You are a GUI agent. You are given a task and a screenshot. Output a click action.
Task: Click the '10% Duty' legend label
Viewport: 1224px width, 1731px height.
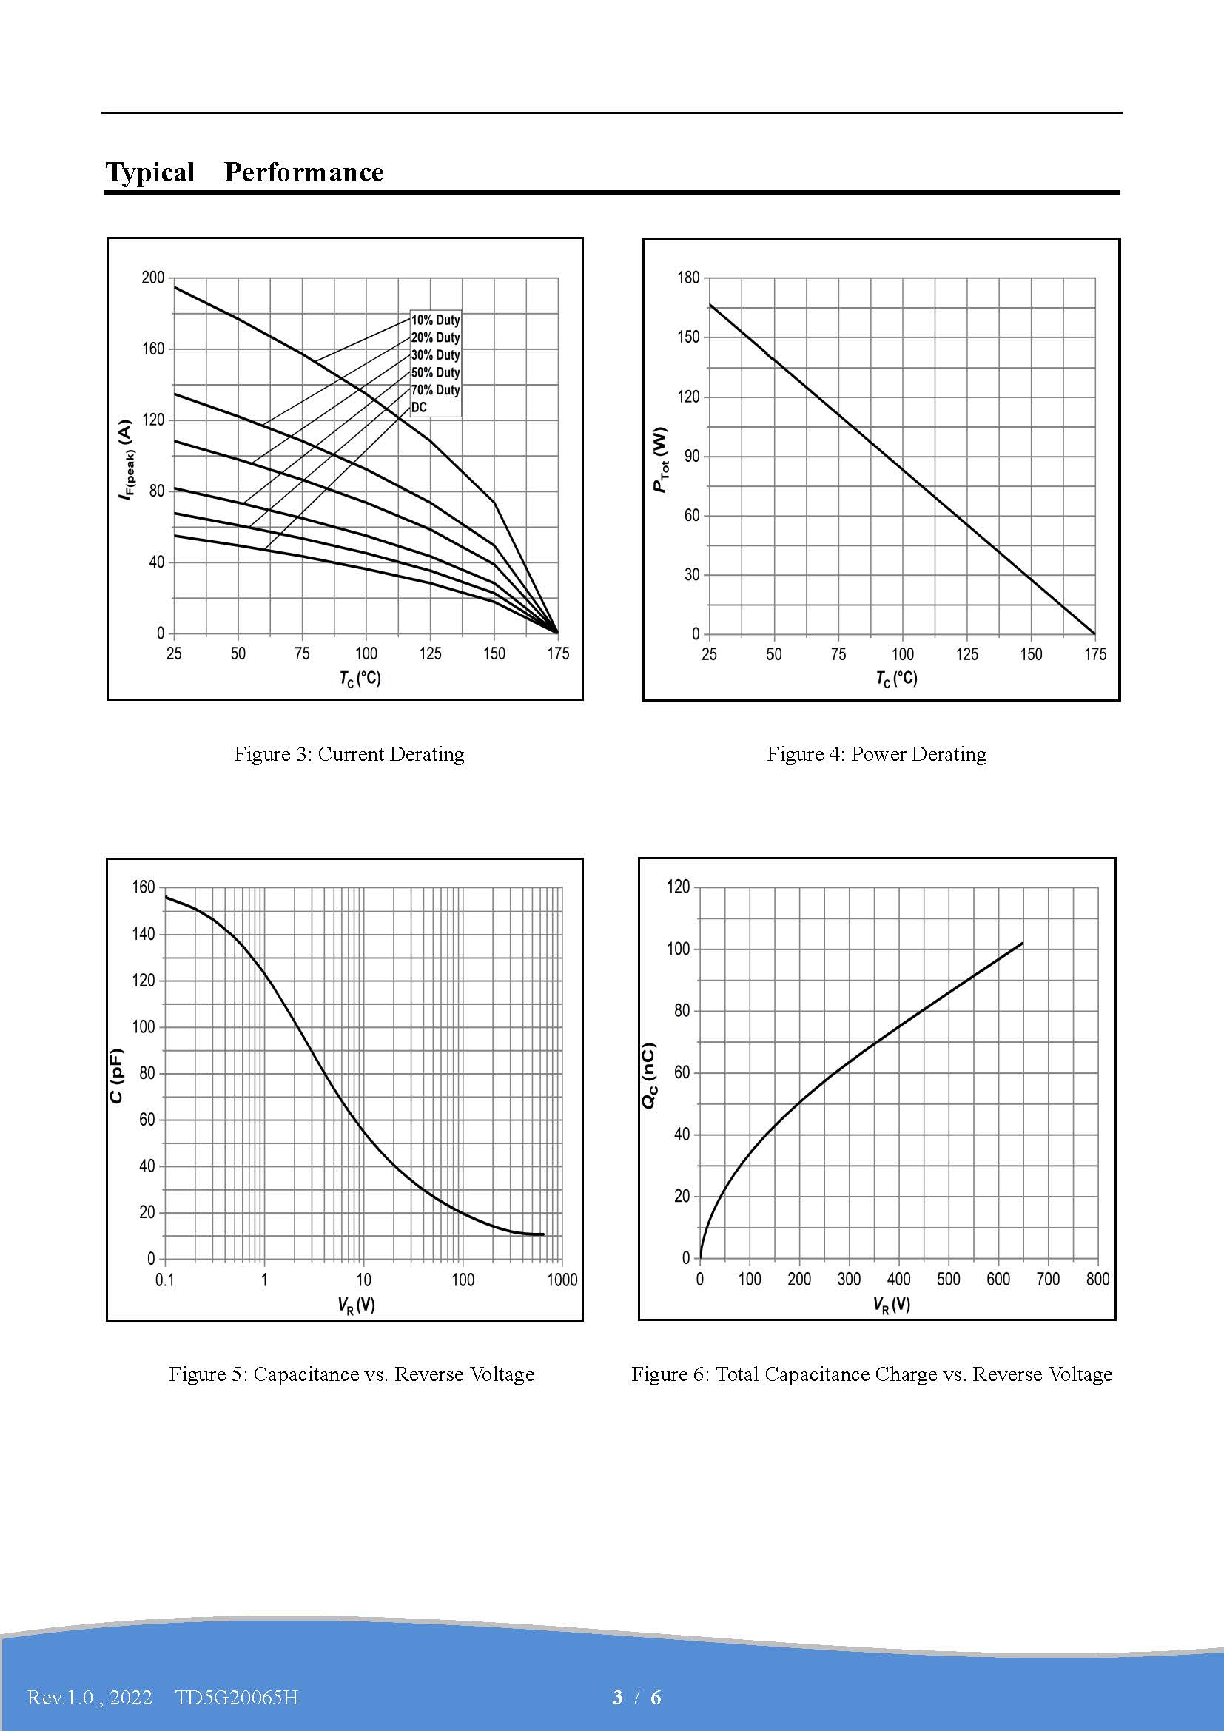pyautogui.click(x=435, y=320)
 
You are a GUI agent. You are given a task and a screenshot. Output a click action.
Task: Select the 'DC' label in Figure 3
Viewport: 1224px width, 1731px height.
pyautogui.click(x=419, y=408)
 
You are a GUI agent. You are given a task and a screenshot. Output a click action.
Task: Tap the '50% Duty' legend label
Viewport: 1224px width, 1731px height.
pyautogui.click(x=435, y=372)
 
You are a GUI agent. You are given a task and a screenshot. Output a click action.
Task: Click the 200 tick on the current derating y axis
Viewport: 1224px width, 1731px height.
pyautogui.click(x=153, y=278)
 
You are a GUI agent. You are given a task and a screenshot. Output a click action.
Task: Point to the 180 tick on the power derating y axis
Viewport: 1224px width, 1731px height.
pyautogui.click(x=688, y=278)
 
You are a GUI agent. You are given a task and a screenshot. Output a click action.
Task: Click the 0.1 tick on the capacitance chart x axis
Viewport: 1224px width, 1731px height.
pyautogui.click(x=164, y=1280)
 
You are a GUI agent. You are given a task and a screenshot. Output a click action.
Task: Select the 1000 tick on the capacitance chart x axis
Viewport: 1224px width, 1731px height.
pyautogui.click(x=562, y=1280)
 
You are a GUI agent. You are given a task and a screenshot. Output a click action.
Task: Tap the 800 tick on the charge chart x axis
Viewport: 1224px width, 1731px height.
pyautogui.click(x=1097, y=1279)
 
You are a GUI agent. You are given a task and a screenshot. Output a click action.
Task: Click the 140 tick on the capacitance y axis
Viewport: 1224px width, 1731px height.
pyautogui.click(x=144, y=934)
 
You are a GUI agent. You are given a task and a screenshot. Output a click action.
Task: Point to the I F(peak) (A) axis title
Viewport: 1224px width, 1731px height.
pyautogui.click(x=127, y=459)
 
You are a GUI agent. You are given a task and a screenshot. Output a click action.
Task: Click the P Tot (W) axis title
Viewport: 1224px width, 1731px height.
pyautogui.click(x=661, y=459)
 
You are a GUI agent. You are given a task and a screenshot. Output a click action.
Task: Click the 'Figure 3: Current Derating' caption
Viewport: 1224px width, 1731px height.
pyautogui.click(x=349, y=754)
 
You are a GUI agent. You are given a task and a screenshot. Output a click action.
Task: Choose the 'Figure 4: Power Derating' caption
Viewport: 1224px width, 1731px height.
pyautogui.click(x=876, y=754)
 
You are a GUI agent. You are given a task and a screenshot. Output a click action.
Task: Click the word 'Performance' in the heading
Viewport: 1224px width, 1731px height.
pyautogui.click(x=303, y=172)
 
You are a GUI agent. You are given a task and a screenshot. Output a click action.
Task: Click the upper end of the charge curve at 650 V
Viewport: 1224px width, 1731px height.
pyautogui.click(x=1022, y=943)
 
